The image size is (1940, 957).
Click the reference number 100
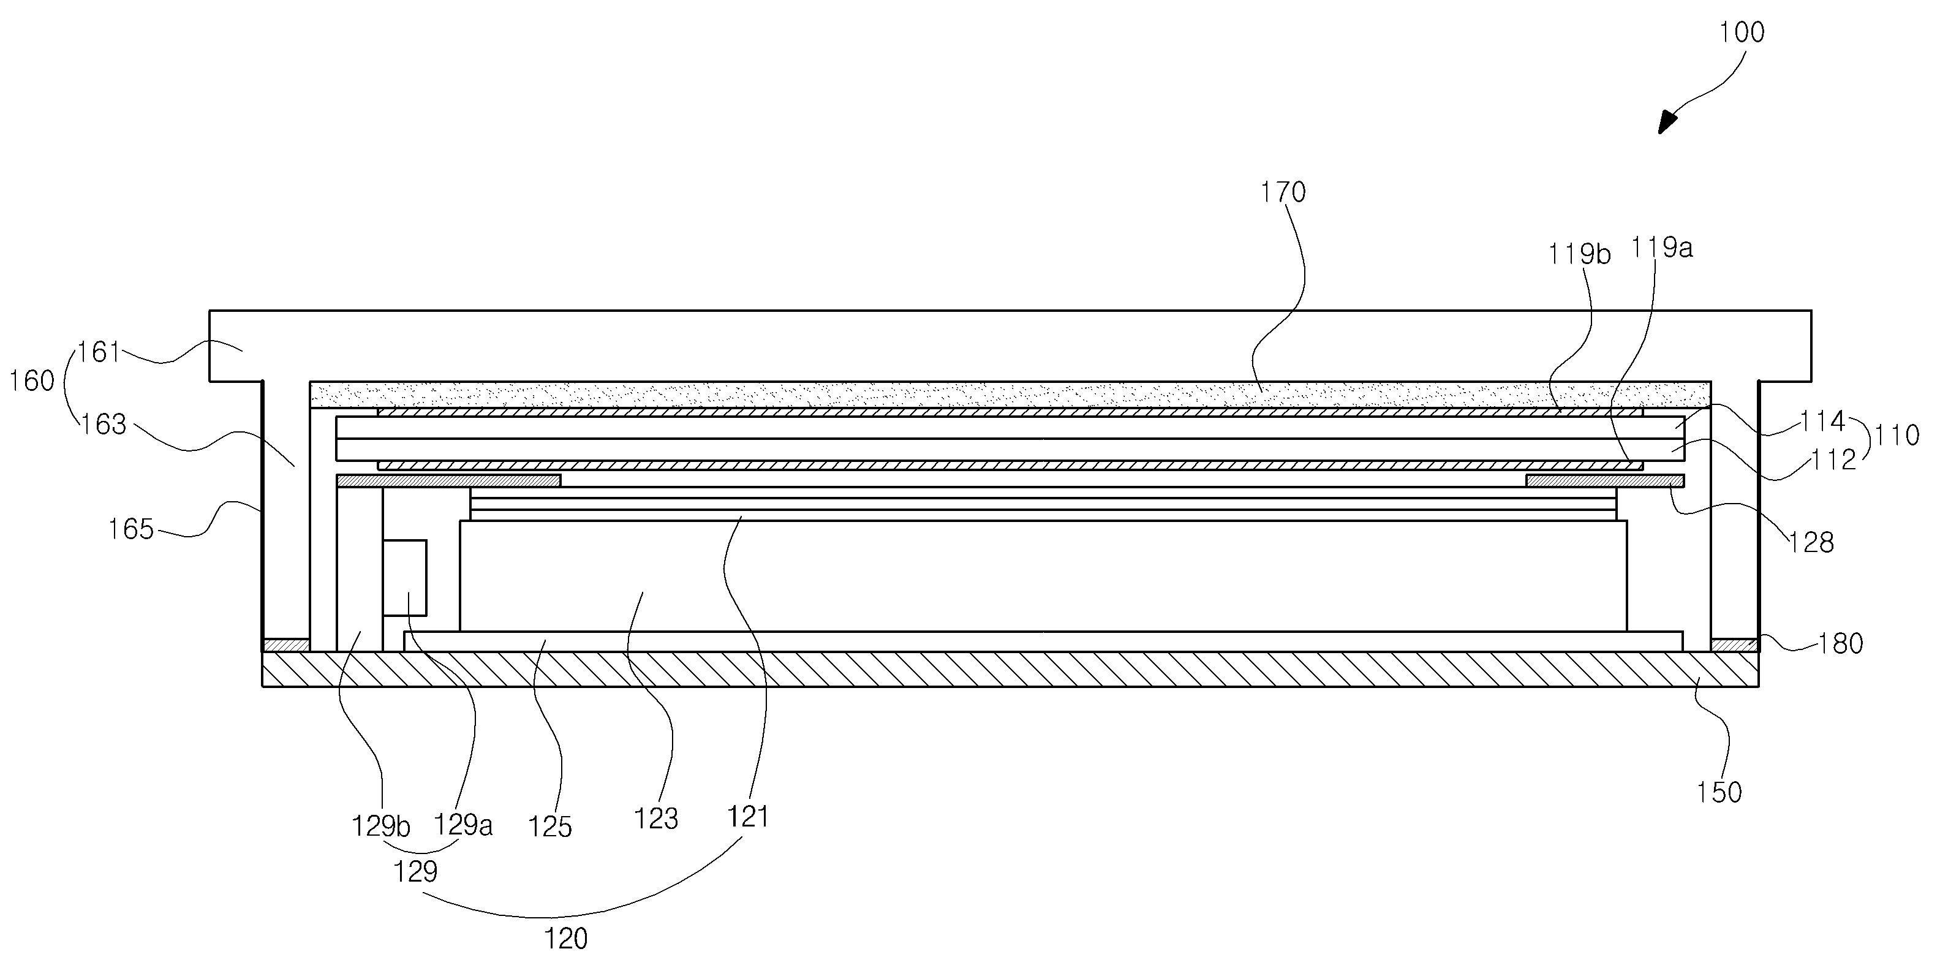coord(1742,32)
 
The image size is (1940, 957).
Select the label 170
coord(1283,193)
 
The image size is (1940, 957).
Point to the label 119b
coord(1579,254)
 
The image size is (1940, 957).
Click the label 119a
coord(1661,248)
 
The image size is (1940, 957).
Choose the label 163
coord(103,425)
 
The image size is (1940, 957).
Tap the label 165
coord(131,529)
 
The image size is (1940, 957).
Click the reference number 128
coord(1811,542)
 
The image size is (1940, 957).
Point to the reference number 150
coord(1719,792)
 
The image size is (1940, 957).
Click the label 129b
coord(381,826)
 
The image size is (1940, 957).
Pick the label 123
coord(656,819)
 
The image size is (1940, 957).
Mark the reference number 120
coord(565,938)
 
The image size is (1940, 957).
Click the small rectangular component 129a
coord(404,578)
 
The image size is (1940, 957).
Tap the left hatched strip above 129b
coord(448,480)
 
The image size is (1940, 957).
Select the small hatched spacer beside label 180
coord(1734,645)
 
